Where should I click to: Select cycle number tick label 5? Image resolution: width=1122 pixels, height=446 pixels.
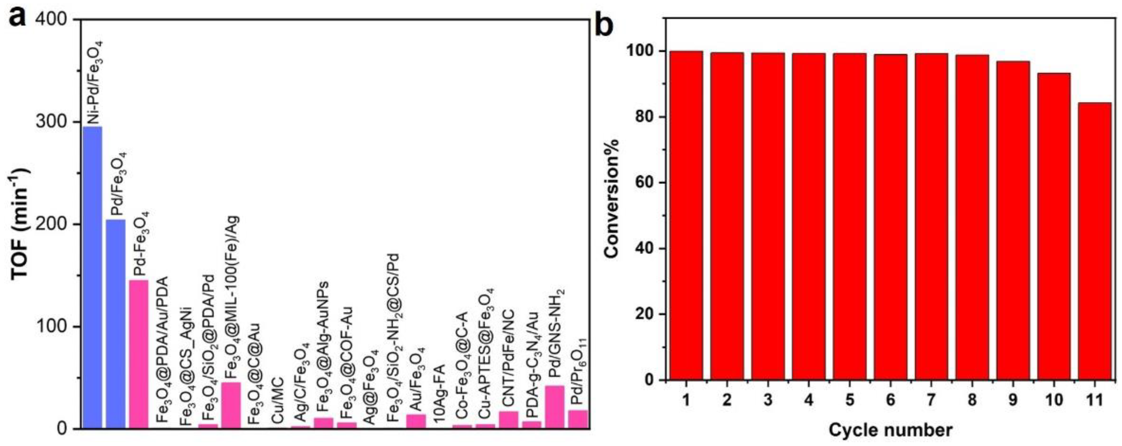click(x=850, y=400)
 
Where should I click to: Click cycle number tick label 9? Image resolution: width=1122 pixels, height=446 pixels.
click(x=1013, y=400)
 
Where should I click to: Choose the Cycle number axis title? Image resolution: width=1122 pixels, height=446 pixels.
click(x=890, y=430)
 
